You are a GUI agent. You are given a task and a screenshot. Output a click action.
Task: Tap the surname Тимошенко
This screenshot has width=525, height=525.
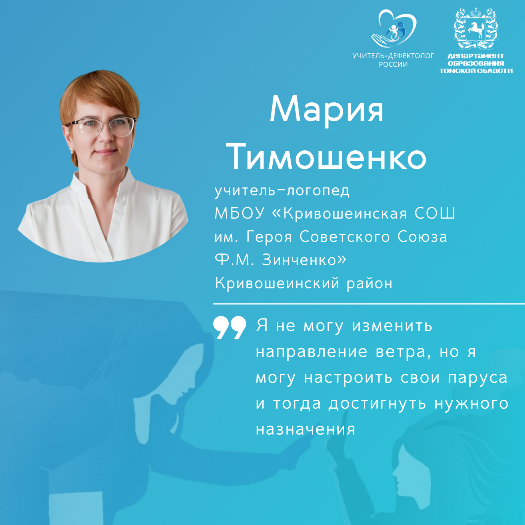[326, 157]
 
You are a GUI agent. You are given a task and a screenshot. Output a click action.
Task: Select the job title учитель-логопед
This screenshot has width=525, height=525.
[282, 191]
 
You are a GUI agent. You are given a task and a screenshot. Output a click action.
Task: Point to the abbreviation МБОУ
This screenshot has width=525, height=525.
[240, 213]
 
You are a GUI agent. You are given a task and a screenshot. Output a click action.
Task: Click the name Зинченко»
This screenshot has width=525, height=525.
[304, 260]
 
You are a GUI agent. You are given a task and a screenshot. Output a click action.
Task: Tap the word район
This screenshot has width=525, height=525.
[370, 283]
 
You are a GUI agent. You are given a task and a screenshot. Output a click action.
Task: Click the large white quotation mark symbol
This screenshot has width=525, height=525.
[229, 327]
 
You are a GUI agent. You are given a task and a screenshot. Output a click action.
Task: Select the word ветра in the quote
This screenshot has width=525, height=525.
[401, 352]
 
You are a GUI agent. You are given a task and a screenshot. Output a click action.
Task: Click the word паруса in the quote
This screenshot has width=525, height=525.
[478, 378]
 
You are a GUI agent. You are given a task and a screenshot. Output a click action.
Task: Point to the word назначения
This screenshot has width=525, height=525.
[306, 430]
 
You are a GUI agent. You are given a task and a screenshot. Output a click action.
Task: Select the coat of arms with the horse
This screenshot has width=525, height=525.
[476, 28]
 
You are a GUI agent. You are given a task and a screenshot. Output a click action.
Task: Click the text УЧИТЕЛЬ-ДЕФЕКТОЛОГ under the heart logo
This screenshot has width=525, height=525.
[393, 56]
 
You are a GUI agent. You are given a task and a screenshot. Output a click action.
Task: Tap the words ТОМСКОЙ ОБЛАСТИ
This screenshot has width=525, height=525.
[476, 71]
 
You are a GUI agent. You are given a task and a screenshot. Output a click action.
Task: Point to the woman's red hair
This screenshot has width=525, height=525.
[98, 90]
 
